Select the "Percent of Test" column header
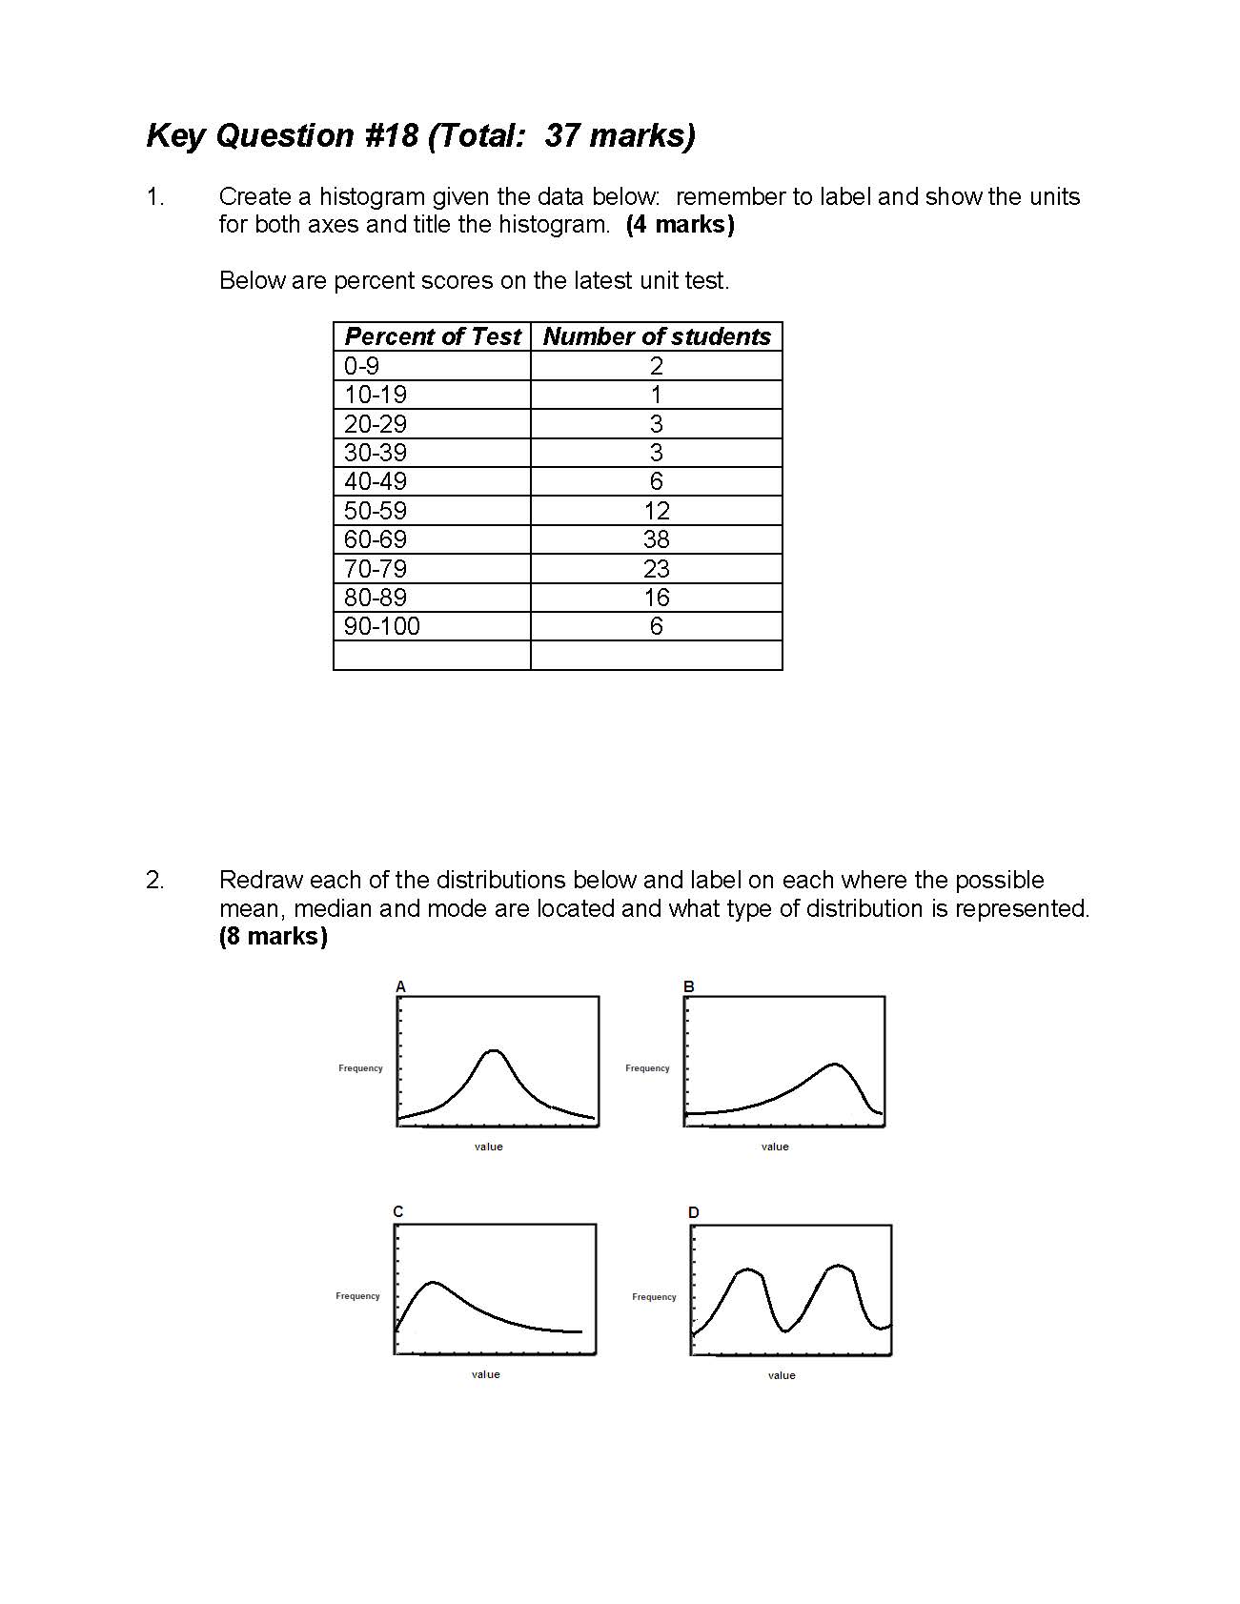pyautogui.click(x=432, y=336)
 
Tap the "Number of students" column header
pyautogui.click(x=656, y=336)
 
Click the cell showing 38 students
pyautogui.click(x=656, y=539)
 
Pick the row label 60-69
pyautogui.click(x=376, y=539)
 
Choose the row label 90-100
pyautogui.click(x=382, y=626)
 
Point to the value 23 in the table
pyautogui.click(x=656, y=569)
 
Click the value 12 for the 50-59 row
pyautogui.click(x=656, y=511)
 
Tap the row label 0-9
pyautogui.click(x=361, y=366)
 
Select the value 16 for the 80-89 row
pyautogui.click(x=656, y=598)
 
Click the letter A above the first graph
pyautogui.click(x=400, y=986)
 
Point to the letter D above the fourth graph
pyautogui.click(x=693, y=1212)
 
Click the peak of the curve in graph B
pyautogui.click(x=835, y=1064)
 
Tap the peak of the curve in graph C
pyautogui.click(x=434, y=1282)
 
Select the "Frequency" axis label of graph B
pyautogui.click(x=647, y=1068)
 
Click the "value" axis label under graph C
pyautogui.click(x=485, y=1374)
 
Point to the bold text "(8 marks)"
pyautogui.click(x=273, y=936)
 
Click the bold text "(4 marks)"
pyautogui.click(x=680, y=225)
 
